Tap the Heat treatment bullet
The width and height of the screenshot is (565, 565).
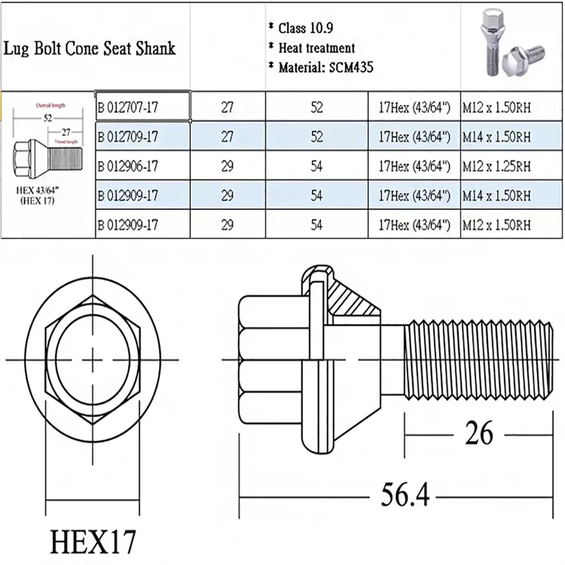coord(316,48)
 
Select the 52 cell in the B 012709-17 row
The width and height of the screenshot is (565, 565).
coord(316,137)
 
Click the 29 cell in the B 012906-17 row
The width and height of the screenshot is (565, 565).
coord(227,166)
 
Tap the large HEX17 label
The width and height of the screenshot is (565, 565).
coord(92,541)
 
